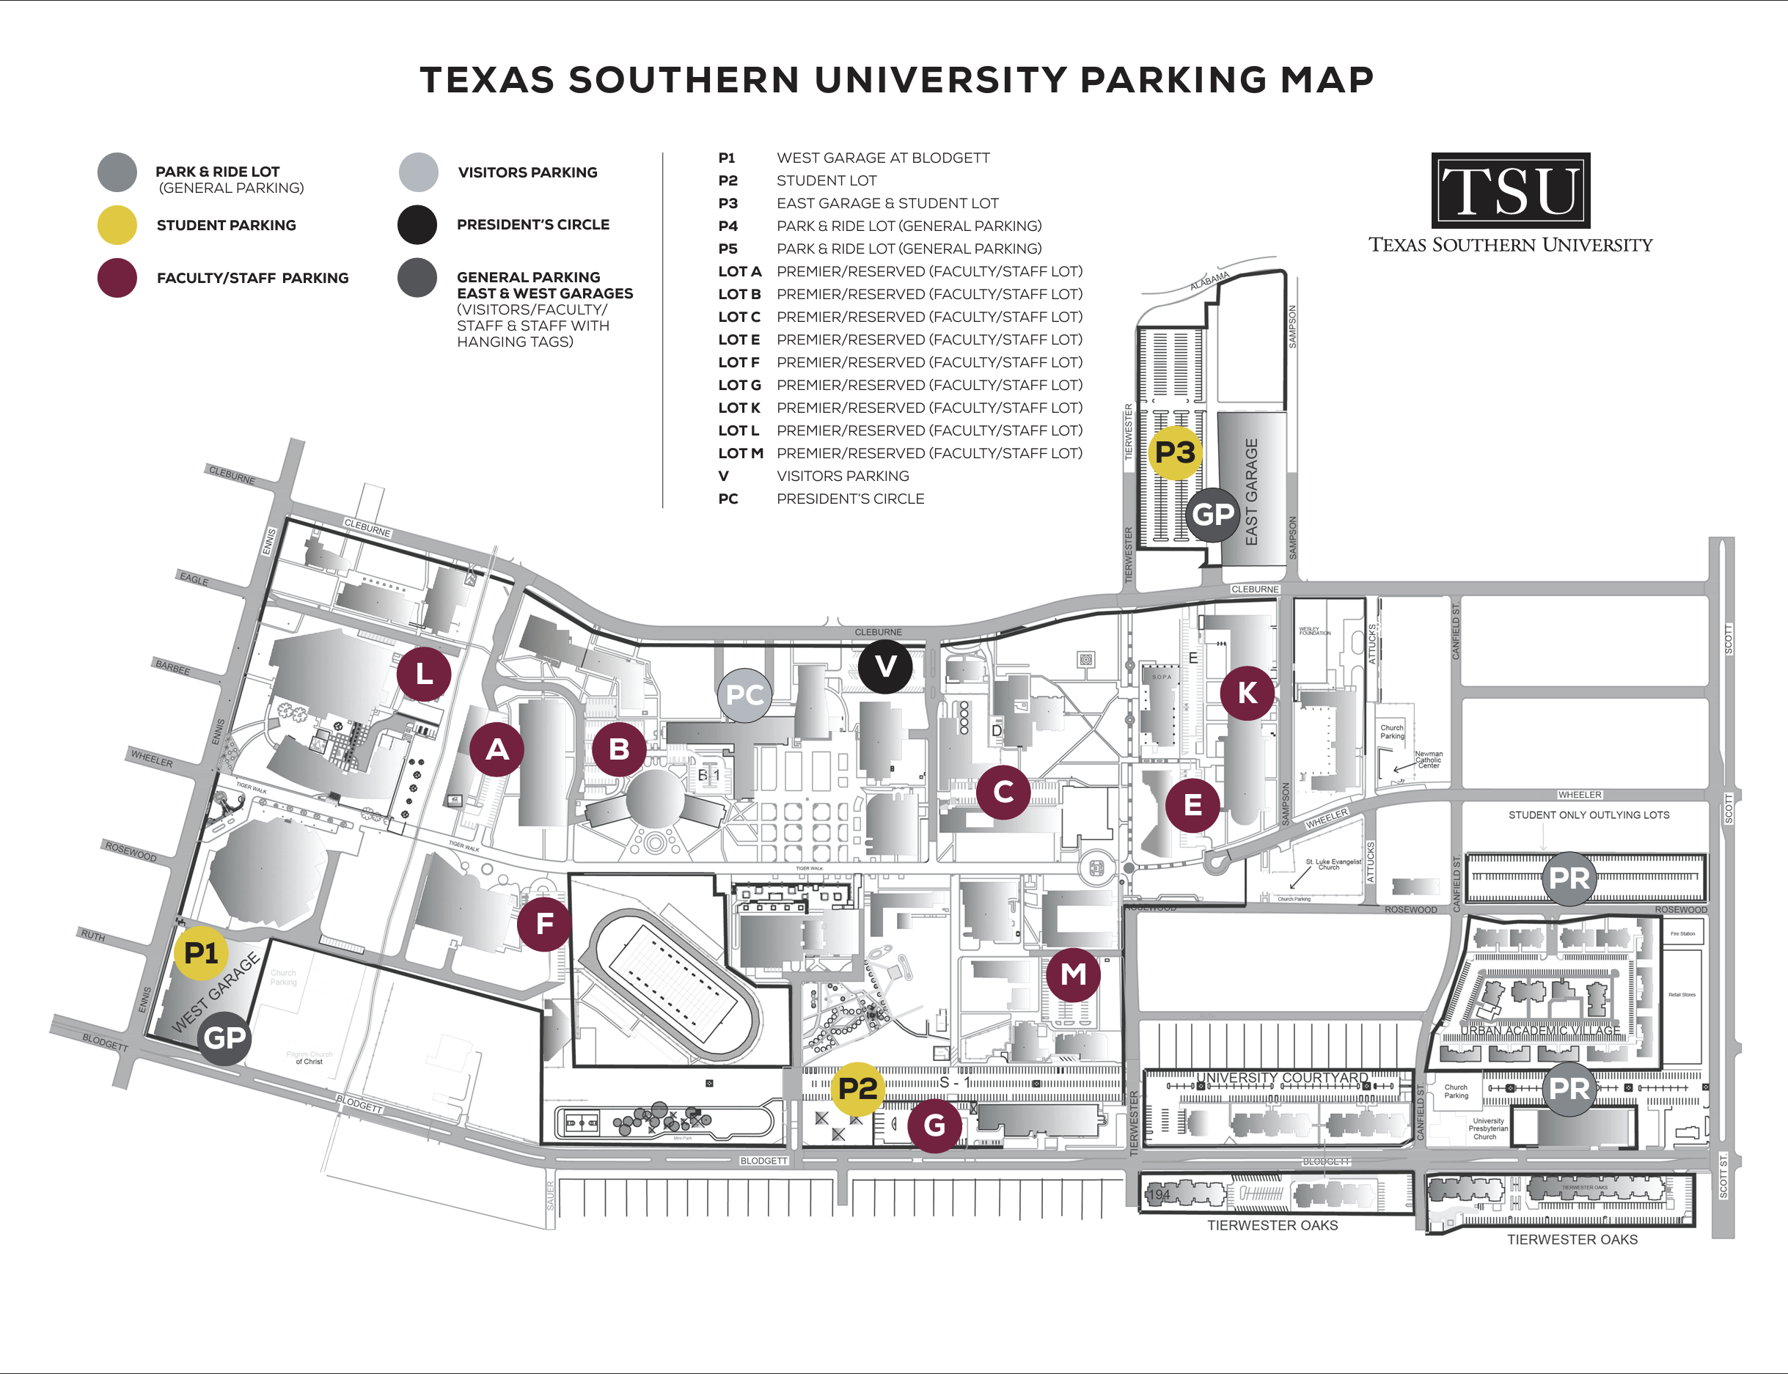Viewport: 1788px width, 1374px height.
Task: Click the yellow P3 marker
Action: (1176, 452)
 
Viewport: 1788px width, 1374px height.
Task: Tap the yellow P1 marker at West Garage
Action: (201, 953)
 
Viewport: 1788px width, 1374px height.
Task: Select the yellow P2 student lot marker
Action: (857, 1089)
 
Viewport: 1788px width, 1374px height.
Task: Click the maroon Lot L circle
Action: (424, 674)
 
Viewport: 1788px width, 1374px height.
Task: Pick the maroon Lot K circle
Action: (1247, 693)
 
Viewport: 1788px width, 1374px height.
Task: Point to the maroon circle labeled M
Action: (1073, 974)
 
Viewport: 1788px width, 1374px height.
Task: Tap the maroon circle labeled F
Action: (544, 924)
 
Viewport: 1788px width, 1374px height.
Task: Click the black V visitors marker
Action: (885, 666)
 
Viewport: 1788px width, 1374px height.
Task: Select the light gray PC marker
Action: (744, 695)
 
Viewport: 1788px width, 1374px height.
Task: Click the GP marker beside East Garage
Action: (1212, 515)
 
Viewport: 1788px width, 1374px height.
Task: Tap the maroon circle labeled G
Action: (934, 1125)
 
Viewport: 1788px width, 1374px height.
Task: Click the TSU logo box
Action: (1510, 191)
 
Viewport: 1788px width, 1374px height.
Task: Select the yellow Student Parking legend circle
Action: (117, 225)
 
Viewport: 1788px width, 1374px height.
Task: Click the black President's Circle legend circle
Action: (417, 224)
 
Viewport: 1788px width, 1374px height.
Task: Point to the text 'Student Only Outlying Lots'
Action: (1589, 815)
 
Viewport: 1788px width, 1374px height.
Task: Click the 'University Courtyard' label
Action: (1282, 1077)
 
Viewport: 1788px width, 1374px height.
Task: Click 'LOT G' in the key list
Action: (739, 384)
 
